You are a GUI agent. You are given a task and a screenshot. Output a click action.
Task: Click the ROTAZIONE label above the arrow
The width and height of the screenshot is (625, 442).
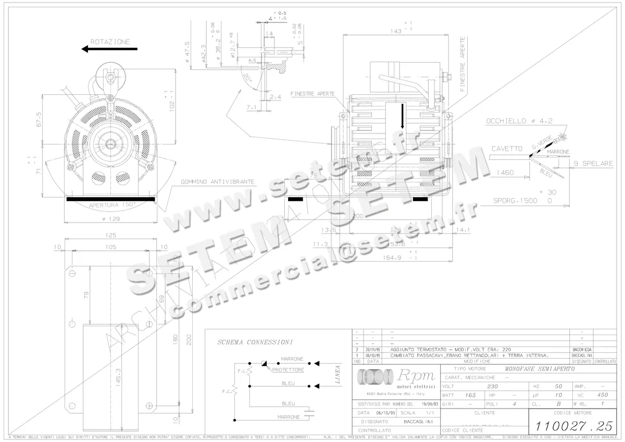coord(110,41)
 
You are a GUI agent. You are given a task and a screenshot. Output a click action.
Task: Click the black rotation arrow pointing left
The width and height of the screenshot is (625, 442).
coord(109,49)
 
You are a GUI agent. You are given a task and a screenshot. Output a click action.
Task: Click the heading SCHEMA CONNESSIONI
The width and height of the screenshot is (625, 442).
coord(255,342)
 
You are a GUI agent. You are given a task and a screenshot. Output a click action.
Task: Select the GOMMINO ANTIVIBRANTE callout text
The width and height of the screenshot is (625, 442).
coord(218,182)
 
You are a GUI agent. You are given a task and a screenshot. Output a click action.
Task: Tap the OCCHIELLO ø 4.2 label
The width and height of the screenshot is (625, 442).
coord(519,120)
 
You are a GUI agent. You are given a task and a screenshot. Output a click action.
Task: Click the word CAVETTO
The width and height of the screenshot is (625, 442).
coord(507,149)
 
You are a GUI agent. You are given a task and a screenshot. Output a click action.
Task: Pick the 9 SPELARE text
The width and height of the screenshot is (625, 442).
coord(593,164)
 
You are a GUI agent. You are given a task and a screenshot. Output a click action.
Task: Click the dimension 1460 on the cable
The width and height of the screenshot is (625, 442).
coord(505,172)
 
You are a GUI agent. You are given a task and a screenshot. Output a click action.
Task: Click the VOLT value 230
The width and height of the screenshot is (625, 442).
coord(492,386)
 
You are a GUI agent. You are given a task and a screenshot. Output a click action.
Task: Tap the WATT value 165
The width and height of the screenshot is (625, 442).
coord(470,395)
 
